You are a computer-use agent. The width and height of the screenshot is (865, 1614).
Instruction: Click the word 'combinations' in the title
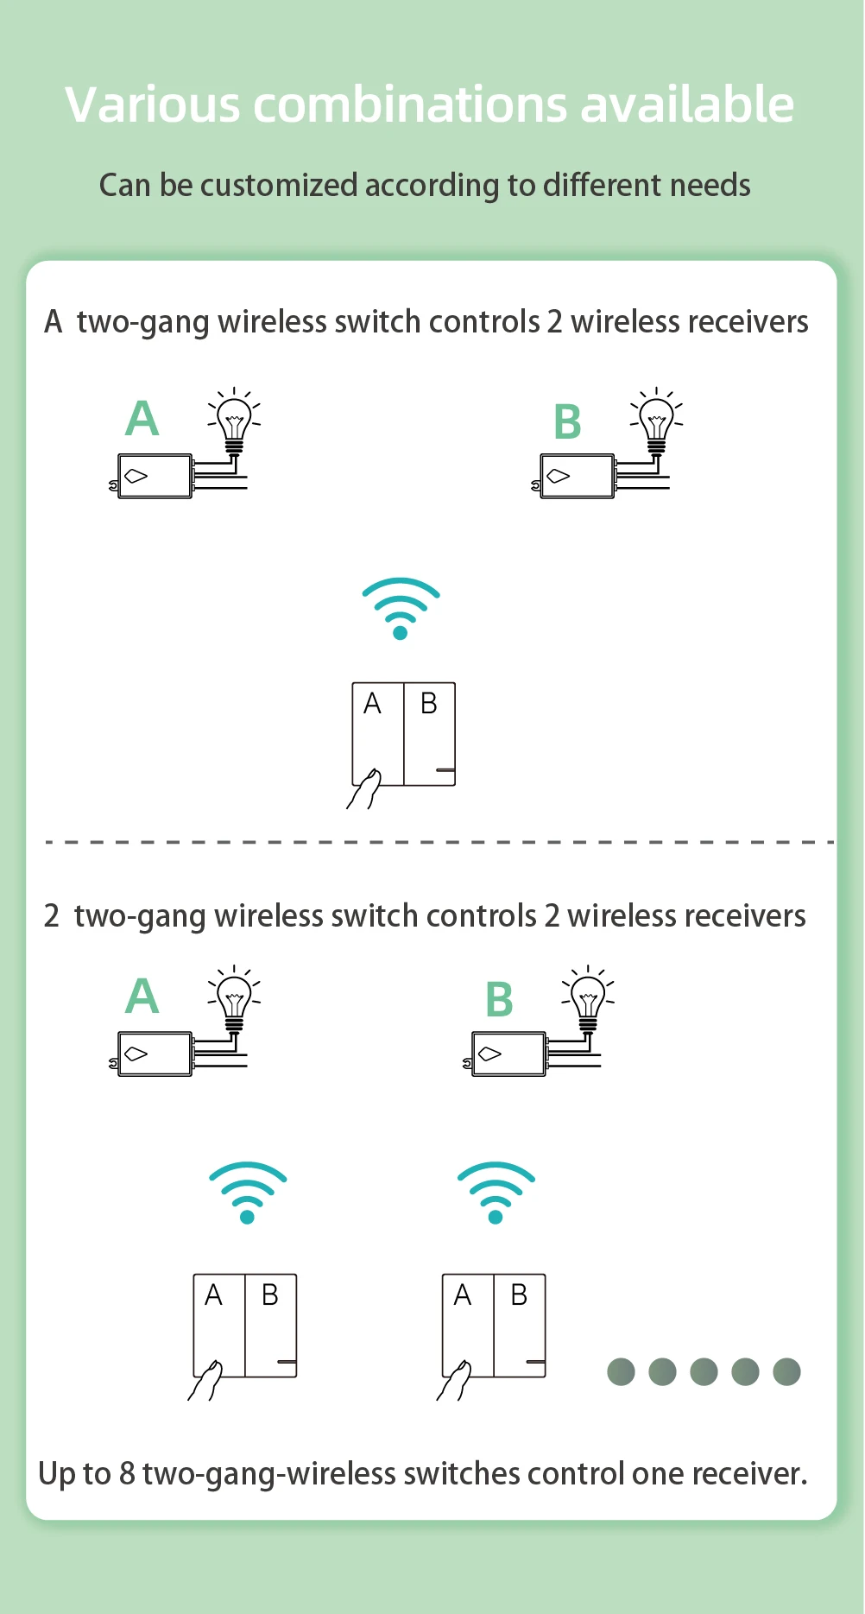(x=410, y=105)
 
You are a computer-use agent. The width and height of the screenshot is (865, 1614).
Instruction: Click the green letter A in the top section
(x=142, y=419)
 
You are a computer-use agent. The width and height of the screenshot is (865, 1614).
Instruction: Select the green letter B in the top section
(x=567, y=422)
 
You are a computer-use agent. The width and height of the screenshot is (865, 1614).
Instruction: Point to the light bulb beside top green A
(x=234, y=420)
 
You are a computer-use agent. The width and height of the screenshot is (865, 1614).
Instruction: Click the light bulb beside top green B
(x=656, y=420)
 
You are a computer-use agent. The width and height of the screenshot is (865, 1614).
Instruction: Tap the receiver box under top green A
(x=155, y=476)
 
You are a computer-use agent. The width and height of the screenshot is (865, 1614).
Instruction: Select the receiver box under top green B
(x=578, y=476)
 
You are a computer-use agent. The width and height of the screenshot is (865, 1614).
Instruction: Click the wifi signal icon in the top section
(x=401, y=608)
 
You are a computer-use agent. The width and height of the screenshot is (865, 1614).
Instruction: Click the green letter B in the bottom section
(x=500, y=1000)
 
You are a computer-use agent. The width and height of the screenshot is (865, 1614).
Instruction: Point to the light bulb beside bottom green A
(x=234, y=997)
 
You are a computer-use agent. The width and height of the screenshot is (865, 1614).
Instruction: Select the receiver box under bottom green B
(x=508, y=1054)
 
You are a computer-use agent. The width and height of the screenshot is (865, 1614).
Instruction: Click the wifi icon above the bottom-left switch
(x=248, y=1192)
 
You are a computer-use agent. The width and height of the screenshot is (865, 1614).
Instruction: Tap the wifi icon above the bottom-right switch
(x=496, y=1192)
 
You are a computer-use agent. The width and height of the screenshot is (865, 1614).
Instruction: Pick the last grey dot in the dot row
(x=786, y=1371)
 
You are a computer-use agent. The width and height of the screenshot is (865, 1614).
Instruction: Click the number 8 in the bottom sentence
(x=127, y=1473)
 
